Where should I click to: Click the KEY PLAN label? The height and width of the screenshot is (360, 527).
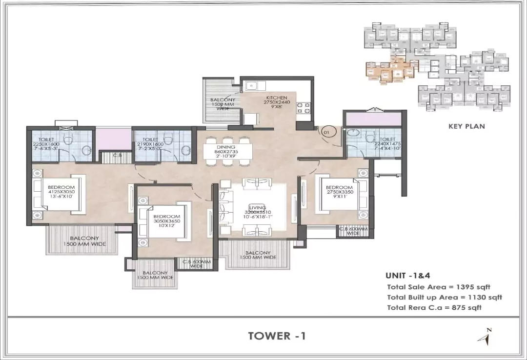point(466,126)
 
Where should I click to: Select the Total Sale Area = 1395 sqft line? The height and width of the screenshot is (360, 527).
point(438,287)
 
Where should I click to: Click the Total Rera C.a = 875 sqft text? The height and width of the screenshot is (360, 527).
point(434,307)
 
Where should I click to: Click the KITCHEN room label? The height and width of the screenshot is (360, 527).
point(277,101)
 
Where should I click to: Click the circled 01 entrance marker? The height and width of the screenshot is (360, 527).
point(326,131)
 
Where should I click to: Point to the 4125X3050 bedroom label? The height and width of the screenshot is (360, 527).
point(61,193)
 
